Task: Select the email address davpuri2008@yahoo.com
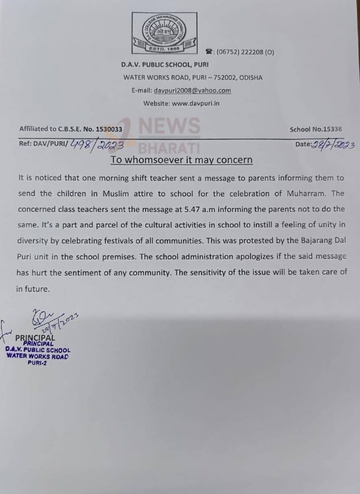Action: click(x=192, y=91)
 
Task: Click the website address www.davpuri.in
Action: click(x=196, y=103)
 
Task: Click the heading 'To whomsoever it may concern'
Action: click(x=182, y=160)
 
